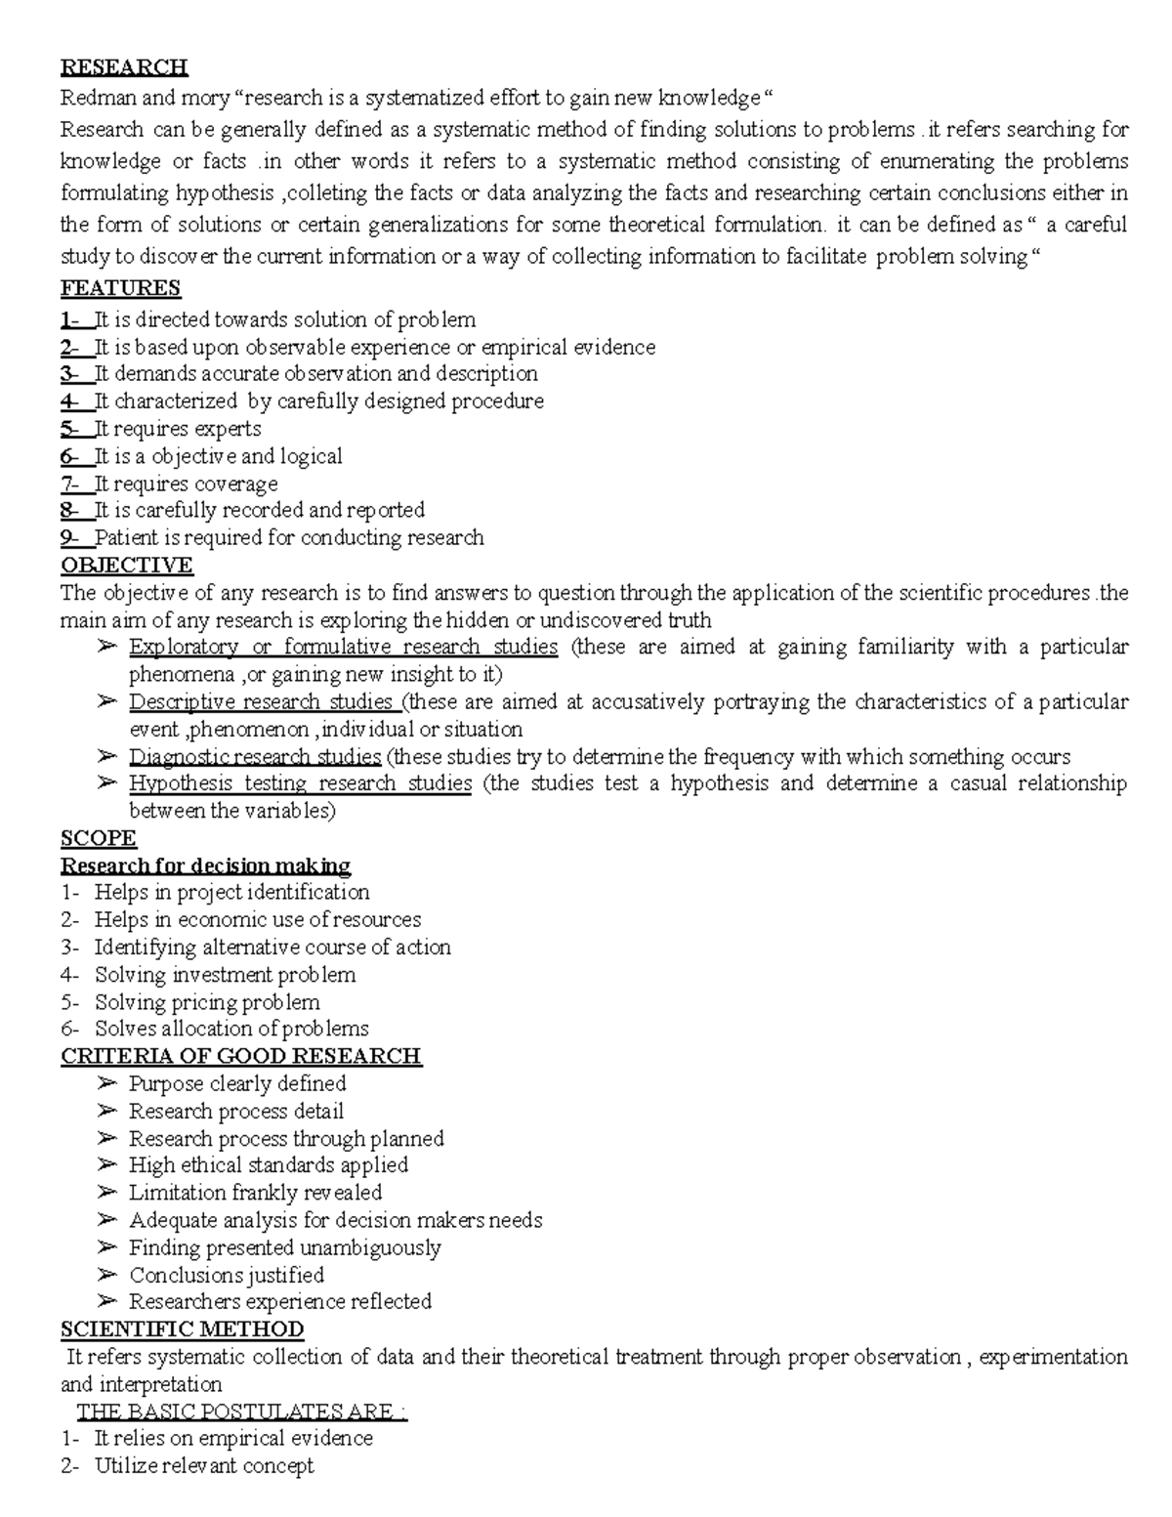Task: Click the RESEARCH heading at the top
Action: click(124, 67)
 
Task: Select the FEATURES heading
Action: click(120, 288)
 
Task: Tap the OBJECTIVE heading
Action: click(127, 566)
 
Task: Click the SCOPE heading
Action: click(99, 838)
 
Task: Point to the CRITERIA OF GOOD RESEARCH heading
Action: click(241, 1056)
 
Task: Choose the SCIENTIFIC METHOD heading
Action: click(183, 1329)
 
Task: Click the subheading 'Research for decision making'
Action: click(206, 865)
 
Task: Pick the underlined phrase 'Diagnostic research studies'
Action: click(255, 757)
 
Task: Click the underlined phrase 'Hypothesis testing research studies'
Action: click(301, 783)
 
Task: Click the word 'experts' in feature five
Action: click(228, 429)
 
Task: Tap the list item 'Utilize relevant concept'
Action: click(204, 1466)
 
